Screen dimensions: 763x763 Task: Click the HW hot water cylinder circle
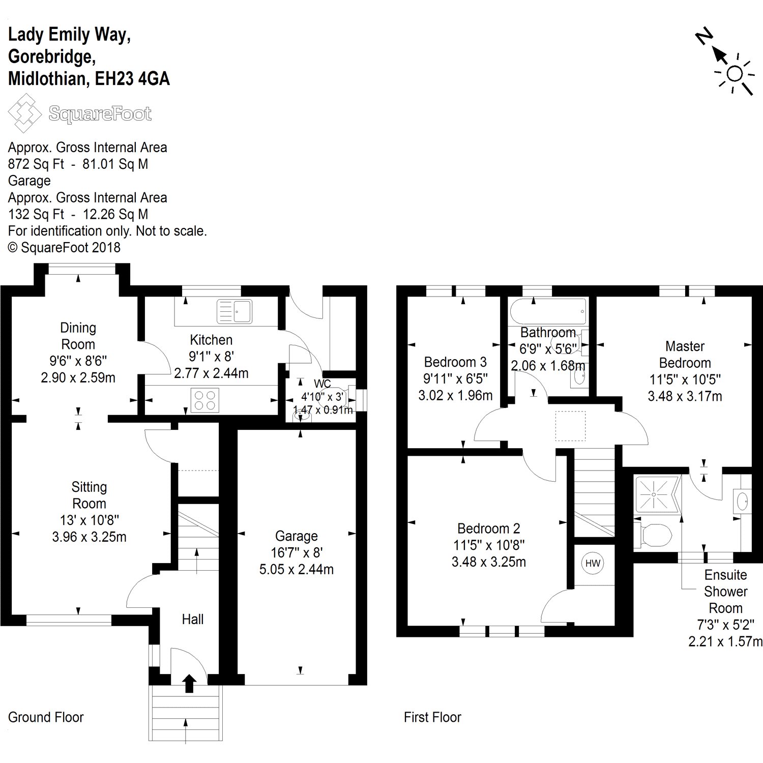pos(593,563)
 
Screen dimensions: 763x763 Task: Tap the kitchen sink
pos(234,311)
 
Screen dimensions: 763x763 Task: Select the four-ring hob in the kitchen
pos(205,399)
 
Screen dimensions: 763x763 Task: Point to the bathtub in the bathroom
pos(548,311)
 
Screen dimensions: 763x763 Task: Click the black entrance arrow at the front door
pos(189,683)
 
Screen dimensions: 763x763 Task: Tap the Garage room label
pos(296,536)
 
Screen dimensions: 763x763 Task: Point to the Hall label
pos(193,619)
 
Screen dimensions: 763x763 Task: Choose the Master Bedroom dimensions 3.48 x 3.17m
pos(685,396)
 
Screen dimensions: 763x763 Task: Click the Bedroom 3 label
pos(455,362)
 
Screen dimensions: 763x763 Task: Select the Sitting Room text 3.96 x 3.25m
pos(89,537)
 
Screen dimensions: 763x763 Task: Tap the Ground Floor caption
pos(46,717)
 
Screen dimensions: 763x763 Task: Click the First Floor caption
pos(432,717)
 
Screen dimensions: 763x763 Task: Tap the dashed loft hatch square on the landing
pos(570,426)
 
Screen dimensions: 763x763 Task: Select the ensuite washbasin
pos(743,501)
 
